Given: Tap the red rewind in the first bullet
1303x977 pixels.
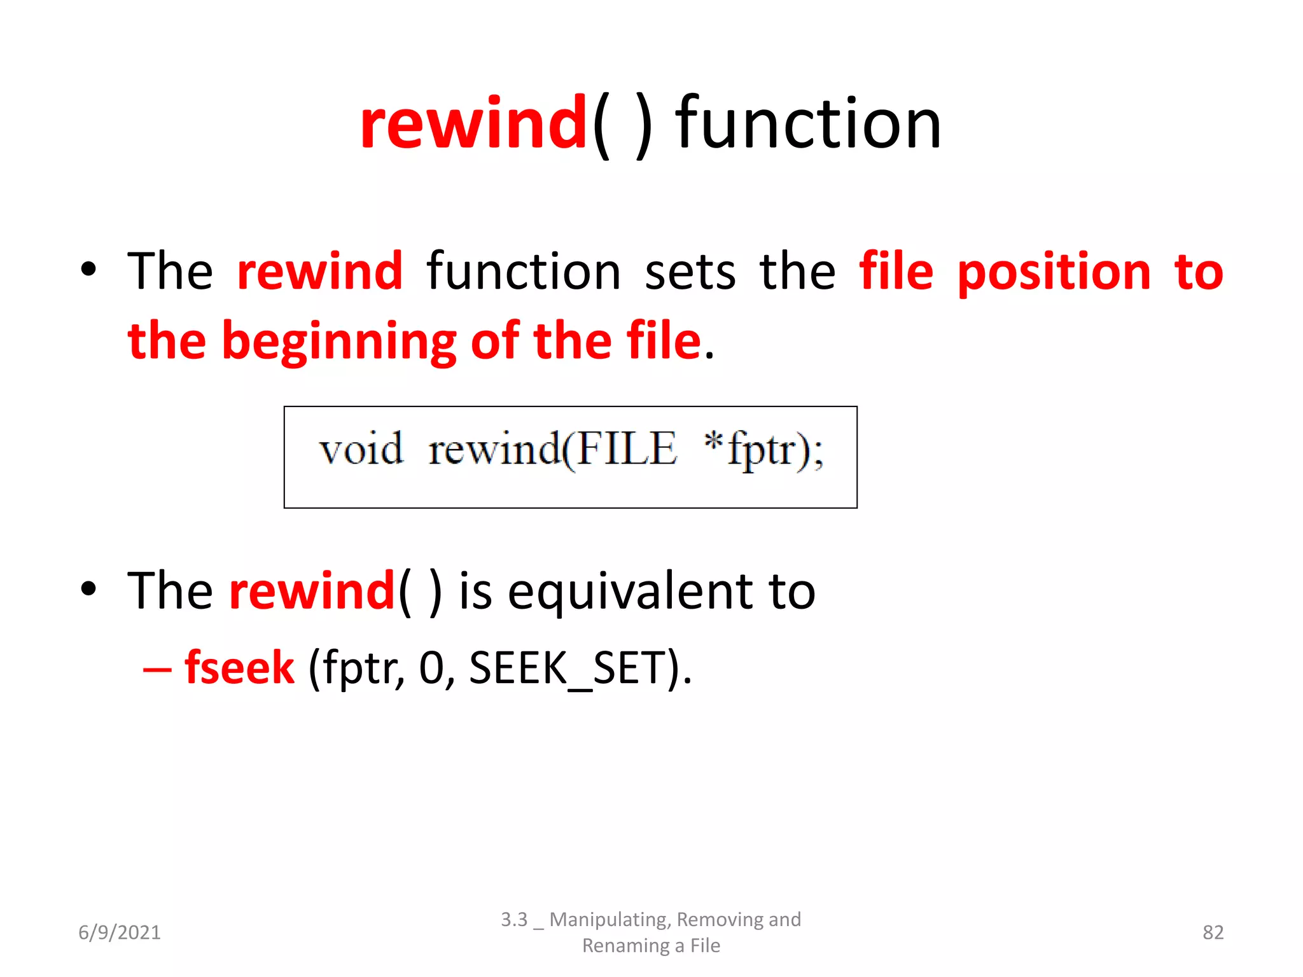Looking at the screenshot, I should [320, 272].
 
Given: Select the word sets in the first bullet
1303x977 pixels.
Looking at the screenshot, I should [690, 272].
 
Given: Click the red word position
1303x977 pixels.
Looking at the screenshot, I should [1054, 272].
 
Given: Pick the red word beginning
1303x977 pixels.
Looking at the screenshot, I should [339, 342].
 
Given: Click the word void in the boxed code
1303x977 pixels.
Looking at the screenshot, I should [361, 449].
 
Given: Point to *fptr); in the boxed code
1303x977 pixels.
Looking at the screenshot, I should [763, 449].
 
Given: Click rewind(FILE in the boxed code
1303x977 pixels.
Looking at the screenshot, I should [552, 449].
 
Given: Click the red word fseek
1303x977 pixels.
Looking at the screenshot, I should [240, 668].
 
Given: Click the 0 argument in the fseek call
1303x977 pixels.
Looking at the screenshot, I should [433, 668].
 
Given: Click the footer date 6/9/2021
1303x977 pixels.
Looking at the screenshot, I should [120, 932].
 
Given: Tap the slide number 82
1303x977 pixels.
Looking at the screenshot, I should [1213, 932].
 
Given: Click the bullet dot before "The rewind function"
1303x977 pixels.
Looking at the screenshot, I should [89, 270].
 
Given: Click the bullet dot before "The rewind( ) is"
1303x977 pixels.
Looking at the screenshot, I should [89, 589].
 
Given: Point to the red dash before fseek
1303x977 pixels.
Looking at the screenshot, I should [157, 670].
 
